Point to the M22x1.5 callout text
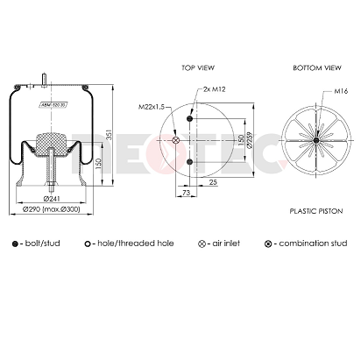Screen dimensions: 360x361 coord(152,106)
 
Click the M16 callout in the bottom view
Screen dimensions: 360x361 coord(340,91)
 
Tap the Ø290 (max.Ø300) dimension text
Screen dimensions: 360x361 coord(56,210)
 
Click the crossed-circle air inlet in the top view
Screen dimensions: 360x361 coord(175,141)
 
